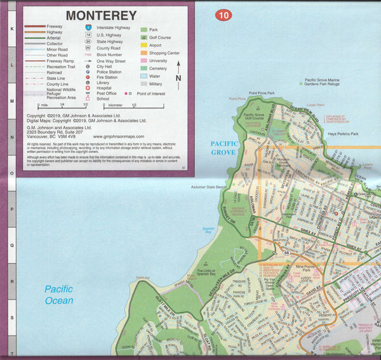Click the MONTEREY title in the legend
(x=101, y=15)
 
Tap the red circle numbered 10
(x=222, y=15)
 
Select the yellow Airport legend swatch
(x=144, y=46)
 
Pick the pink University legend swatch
(x=144, y=61)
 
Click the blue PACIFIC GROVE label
(x=224, y=148)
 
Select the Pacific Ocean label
(x=58, y=295)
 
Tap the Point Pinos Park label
(x=262, y=93)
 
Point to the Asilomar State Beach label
(x=209, y=188)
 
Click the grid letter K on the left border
(x=11, y=29)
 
